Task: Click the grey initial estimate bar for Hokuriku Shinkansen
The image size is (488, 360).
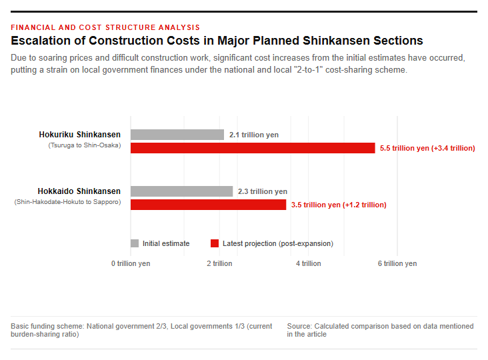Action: pos(177,135)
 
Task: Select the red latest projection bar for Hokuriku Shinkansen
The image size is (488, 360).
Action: pos(253,148)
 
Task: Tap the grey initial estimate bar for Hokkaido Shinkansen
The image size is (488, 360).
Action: pos(182,191)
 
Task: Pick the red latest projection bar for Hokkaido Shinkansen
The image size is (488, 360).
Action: pos(208,205)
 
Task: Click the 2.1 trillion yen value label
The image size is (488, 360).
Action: pos(254,135)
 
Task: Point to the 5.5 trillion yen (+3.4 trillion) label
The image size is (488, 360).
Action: pos(427,148)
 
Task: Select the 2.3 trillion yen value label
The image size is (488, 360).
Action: pos(263,191)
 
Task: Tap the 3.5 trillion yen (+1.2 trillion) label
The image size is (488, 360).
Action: pos(339,205)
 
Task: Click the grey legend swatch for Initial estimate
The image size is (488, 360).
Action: pos(135,243)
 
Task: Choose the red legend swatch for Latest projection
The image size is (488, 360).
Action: pos(215,243)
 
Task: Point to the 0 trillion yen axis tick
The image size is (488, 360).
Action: pos(131,263)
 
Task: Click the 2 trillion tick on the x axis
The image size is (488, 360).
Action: pos(219,263)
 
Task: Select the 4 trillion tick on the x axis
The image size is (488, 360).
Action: pos(309,263)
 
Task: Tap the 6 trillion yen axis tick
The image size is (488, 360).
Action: pos(397,263)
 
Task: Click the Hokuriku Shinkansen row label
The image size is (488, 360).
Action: pos(80,135)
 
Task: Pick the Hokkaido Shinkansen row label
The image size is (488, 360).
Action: pos(79,191)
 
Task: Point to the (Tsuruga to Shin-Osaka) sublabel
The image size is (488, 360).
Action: pos(85,145)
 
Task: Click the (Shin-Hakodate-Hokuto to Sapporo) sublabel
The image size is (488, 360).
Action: pos(67,202)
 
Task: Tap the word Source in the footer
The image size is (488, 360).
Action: pos(299,326)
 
